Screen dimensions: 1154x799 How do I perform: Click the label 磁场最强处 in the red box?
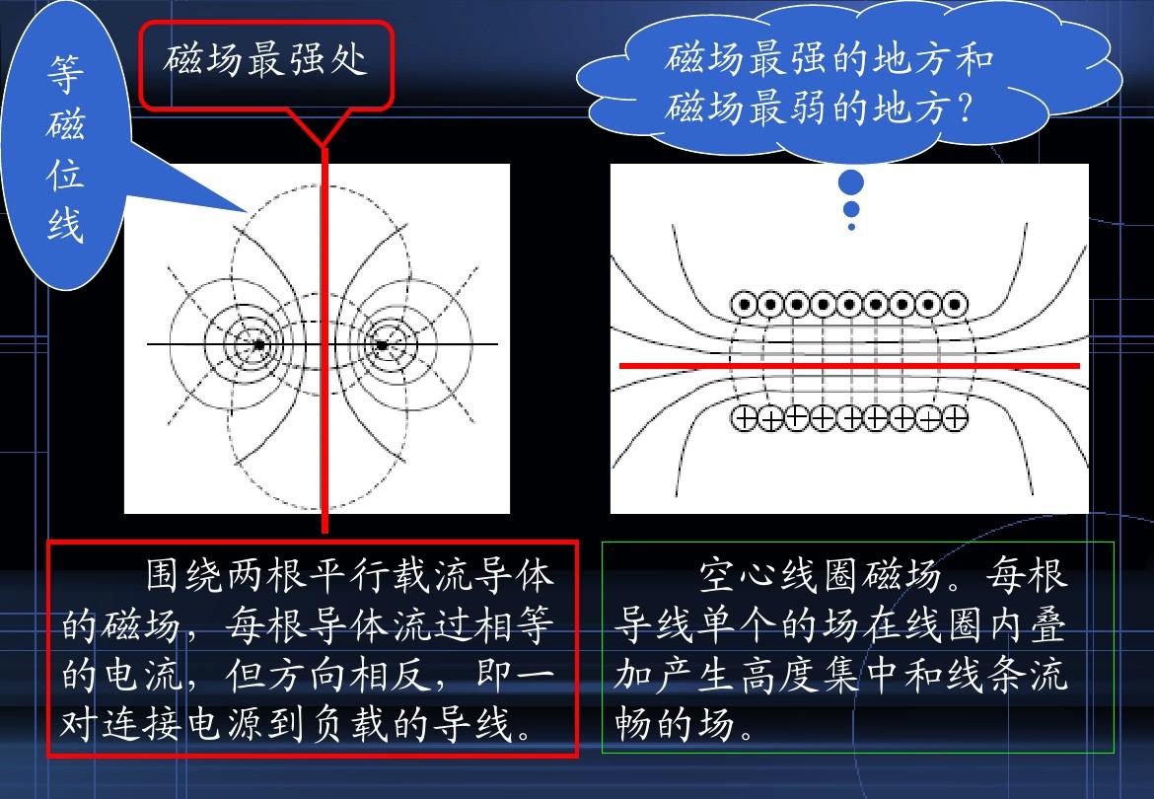tap(265, 59)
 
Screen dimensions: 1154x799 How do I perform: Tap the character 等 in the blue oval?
tap(65, 74)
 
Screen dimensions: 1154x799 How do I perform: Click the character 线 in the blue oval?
tap(65, 224)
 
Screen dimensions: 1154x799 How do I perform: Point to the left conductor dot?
tap(258, 344)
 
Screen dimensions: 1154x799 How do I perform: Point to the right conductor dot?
tap(382, 344)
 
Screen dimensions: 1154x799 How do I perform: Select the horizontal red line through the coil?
tap(849, 365)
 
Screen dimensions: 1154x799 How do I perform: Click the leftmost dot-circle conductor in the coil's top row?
tap(744, 304)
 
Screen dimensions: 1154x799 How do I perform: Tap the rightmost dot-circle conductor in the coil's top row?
tap(955, 304)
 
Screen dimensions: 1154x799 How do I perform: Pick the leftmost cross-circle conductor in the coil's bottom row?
tap(744, 418)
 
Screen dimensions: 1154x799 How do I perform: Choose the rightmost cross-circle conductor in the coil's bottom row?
tap(955, 418)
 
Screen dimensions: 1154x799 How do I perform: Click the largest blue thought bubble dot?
tap(851, 182)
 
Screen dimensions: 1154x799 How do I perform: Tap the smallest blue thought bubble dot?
tap(851, 227)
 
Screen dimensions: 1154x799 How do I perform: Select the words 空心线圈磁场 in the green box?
tap(820, 575)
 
